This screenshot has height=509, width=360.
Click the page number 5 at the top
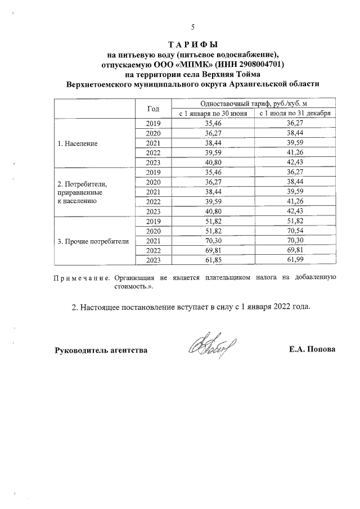point(192,27)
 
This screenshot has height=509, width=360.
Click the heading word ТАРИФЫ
point(192,44)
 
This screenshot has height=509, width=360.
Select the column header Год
point(153,108)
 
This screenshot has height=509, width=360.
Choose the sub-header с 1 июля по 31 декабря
point(294,113)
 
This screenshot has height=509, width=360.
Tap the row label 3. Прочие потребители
point(93,241)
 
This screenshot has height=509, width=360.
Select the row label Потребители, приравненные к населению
point(82,192)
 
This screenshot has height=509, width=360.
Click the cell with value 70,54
point(294,231)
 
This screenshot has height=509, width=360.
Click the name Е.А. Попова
point(312,350)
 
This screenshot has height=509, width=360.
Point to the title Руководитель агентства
point(101,350)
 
